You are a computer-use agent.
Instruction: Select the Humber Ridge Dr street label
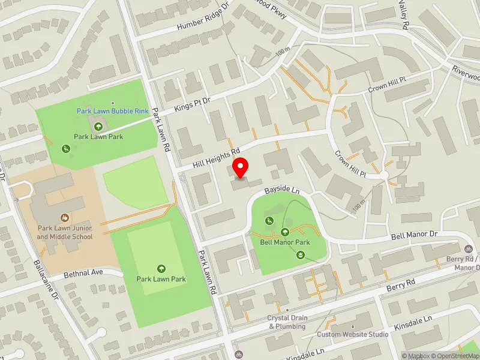click(203, 17)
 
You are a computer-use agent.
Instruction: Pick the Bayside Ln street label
click(283, 191)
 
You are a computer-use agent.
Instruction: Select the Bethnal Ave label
click(84, 273)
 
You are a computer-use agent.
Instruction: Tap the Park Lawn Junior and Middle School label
click(65, 232)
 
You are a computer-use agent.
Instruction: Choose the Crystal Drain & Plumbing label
click(287, 322)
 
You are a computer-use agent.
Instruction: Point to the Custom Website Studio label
click(353, 334)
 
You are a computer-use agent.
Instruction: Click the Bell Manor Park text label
click(284, 242)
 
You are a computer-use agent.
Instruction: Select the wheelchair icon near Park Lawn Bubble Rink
click(67, 148)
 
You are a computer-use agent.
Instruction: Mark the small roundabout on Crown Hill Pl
click(384, 175)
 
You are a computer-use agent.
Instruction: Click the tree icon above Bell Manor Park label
click(285, 232)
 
